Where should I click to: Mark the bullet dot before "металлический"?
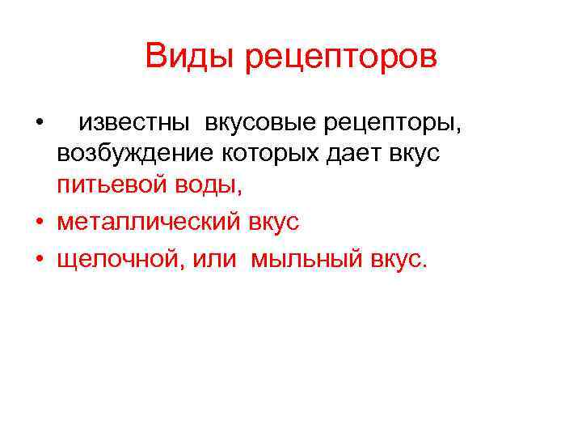click(39, 221)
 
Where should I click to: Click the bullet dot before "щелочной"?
click(39, 260)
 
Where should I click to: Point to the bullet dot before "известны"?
click(39, 123)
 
